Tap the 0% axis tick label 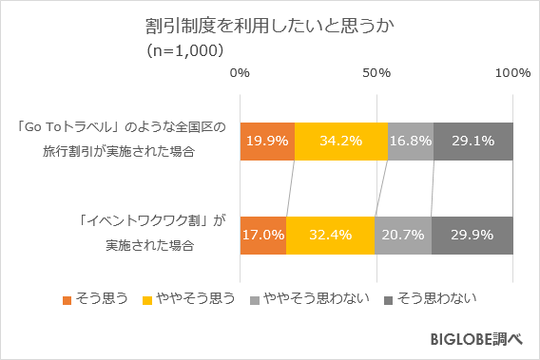point(241,73)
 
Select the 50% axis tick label point(377,73)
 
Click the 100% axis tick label point(513,73)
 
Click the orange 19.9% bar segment point(267,141)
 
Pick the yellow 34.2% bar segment point(341,141)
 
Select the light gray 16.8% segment point(411,141)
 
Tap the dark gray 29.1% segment point(473,141)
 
